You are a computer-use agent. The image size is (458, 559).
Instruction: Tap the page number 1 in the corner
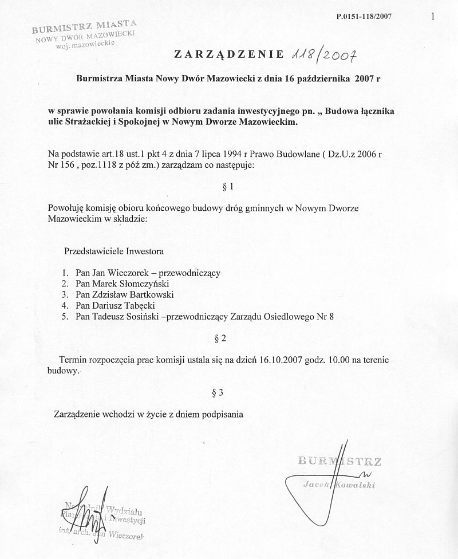tap(433, 17)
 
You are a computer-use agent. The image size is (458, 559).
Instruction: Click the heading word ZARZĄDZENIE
tap(228, 55)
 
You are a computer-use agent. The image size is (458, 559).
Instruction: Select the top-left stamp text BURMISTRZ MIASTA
tap(84, 26)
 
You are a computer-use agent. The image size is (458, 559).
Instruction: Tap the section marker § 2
tap(220, 338)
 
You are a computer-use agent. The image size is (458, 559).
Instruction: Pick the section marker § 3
tap(217, 392)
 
